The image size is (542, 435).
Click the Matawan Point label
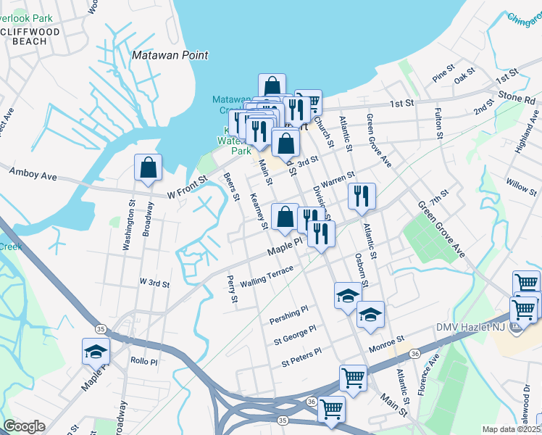point(170,55)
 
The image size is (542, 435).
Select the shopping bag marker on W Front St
point(148,169)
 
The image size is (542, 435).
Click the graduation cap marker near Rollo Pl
point(96,352)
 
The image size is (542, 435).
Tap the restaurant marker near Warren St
point(361,196)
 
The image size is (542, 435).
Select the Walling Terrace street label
point(267,276)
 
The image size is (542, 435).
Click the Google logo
point(24,426)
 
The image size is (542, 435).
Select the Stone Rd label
point(515,96)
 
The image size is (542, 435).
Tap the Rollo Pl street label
point(139,360)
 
